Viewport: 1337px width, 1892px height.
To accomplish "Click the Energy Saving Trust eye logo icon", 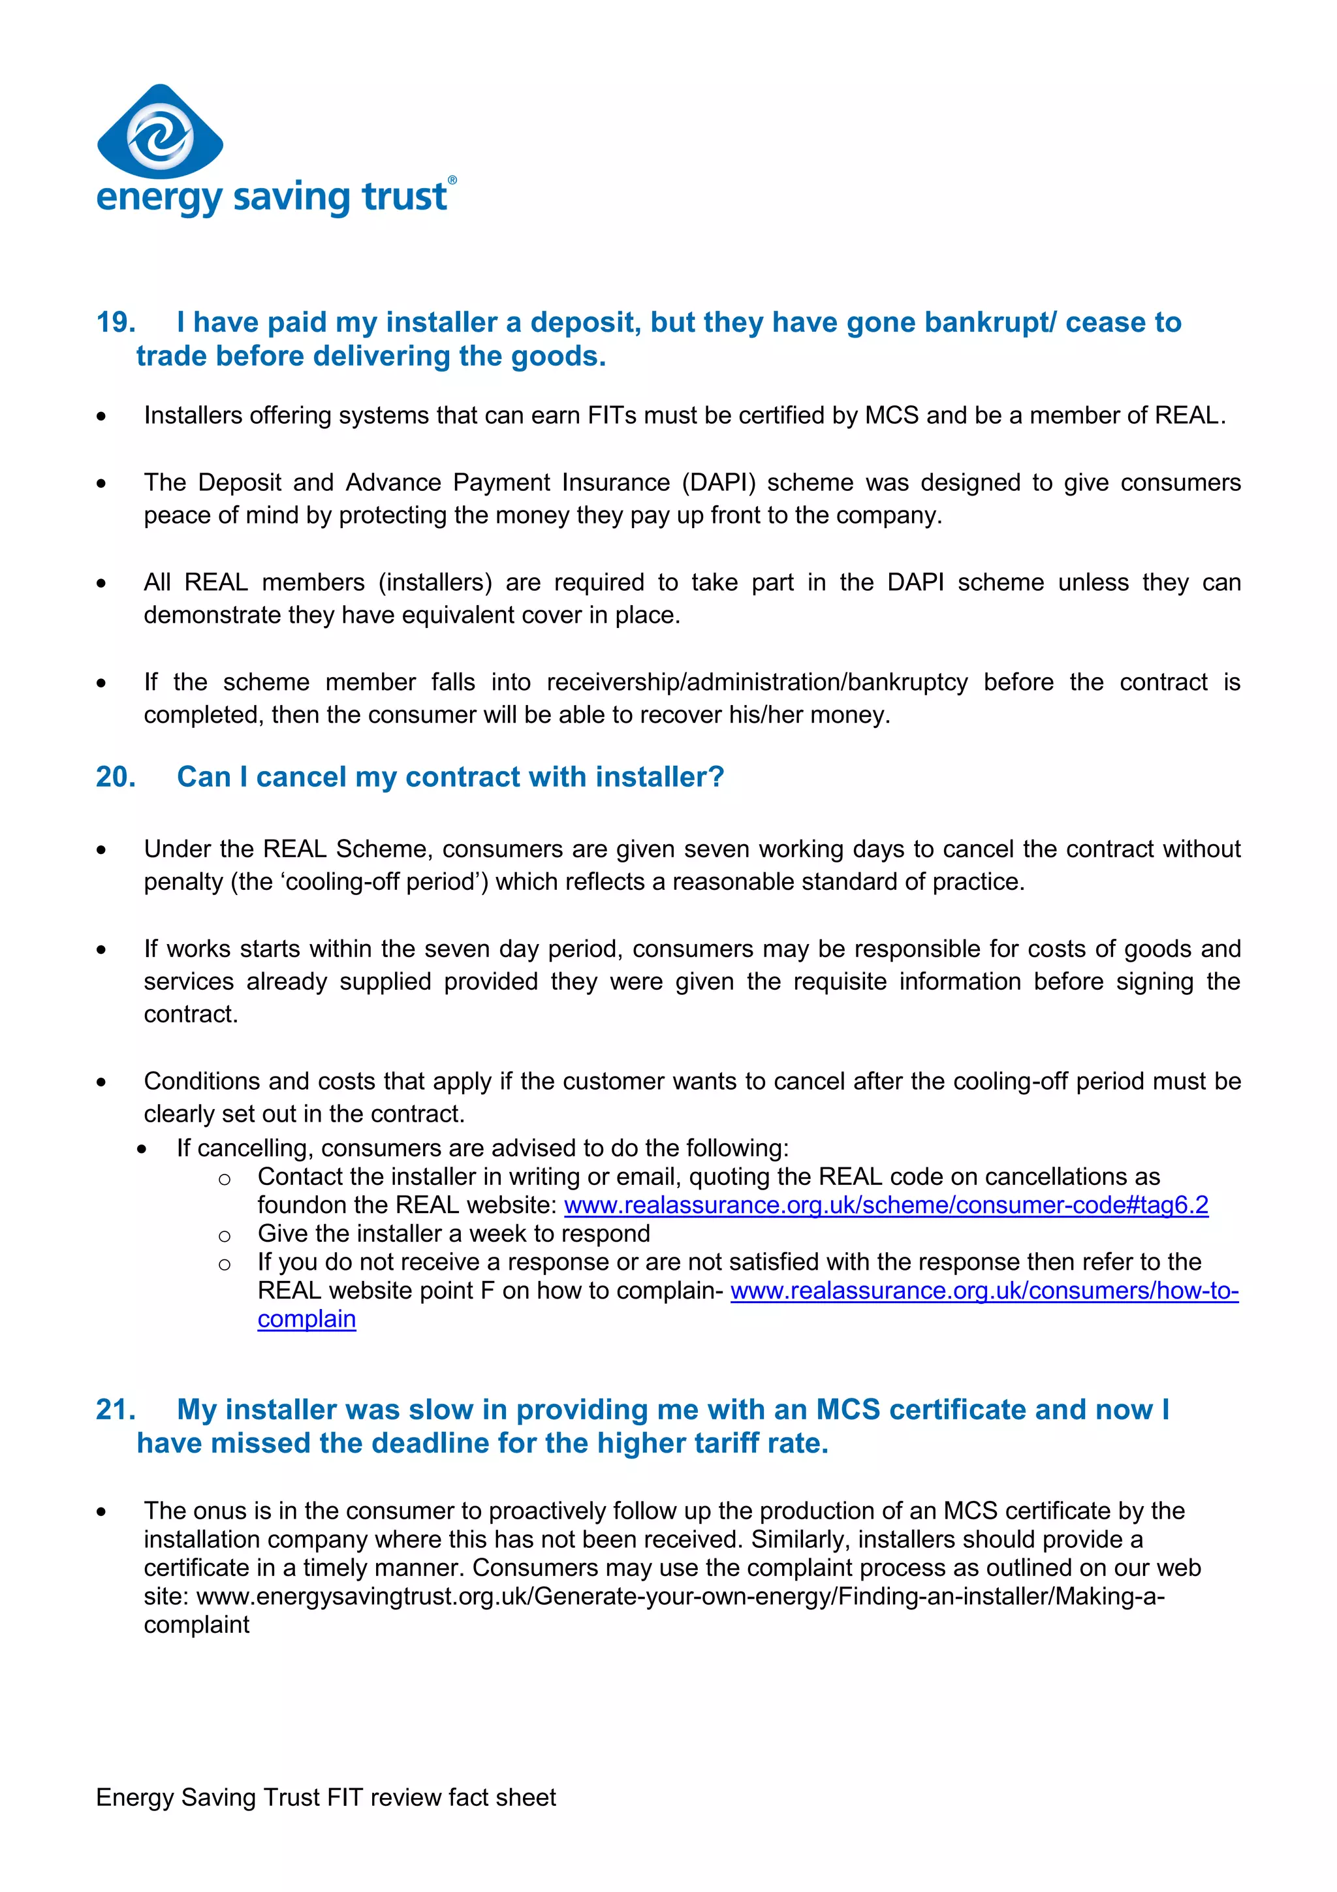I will [160, 133].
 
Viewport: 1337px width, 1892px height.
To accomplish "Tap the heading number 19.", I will [116, 323].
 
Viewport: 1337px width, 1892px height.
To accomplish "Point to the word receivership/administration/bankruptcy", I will [757, 682].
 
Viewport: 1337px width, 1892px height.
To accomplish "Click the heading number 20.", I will [116, 777].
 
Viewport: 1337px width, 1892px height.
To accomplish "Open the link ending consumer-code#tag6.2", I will [886, 1205].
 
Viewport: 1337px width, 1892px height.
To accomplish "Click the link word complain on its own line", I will [306, 1319].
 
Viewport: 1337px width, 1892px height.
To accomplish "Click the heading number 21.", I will [116, 1410].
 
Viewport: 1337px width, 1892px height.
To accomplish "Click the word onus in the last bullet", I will [220, 1511].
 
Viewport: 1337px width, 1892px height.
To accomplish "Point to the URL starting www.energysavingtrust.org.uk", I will [680, 1596].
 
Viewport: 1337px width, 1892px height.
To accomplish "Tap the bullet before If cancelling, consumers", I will [142, 1150].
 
